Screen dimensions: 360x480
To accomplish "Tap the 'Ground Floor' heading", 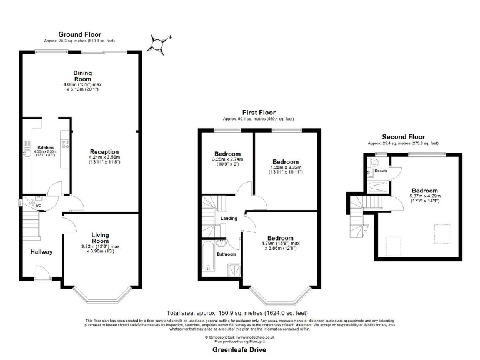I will [x=79, y=34].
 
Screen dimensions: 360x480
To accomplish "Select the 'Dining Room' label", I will [x=82, y=76].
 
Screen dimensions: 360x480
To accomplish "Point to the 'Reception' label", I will [x=104, y=151].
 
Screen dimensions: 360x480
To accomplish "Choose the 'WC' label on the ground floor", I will [x=39, y=204].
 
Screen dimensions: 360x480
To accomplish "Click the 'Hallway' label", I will [x=42, y=252].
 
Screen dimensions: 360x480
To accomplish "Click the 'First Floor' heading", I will [x=258, y=112].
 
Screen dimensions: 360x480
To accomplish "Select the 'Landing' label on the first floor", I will [x=228, y=218].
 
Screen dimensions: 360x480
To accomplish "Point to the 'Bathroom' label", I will [x=226, y=254].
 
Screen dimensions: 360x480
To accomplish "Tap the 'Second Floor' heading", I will [x=403, y=137].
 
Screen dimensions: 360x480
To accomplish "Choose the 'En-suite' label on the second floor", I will [x=381, y=170].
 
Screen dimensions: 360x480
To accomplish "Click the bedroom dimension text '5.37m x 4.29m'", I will [x=424, y=196].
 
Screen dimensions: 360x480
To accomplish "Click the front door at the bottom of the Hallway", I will [x=42, y=273].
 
